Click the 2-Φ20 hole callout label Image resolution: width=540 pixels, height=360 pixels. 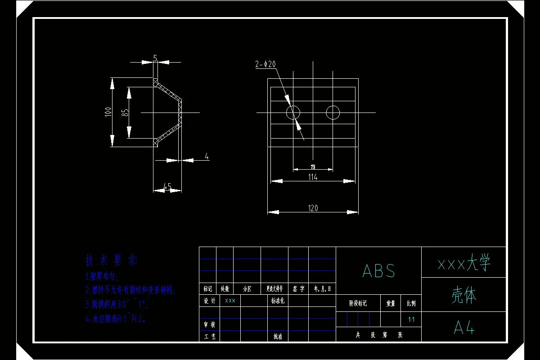tap(265, 64)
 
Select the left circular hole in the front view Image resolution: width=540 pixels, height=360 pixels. tap(293, 112)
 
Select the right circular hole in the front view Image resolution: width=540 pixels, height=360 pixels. tap(333, 112)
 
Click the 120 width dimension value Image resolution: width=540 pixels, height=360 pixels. tap(313, 208)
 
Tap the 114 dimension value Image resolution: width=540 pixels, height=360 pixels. tap(313, 177)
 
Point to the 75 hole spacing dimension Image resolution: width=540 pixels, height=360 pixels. tap(313, 167)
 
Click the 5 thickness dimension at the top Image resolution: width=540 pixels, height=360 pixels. tap(155, 58)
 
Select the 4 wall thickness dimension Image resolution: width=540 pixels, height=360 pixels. tap(207, 157)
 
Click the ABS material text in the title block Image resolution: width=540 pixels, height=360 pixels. tap(378, 271)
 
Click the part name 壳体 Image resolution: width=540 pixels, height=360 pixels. tap(463, 295)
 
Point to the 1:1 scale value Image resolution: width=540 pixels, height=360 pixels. tap(411, 319)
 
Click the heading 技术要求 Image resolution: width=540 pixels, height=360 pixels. tap(111, 260)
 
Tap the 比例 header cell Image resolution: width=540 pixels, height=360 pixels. tap(411, 304)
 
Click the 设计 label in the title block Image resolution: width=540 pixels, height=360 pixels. tap(209, 301)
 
